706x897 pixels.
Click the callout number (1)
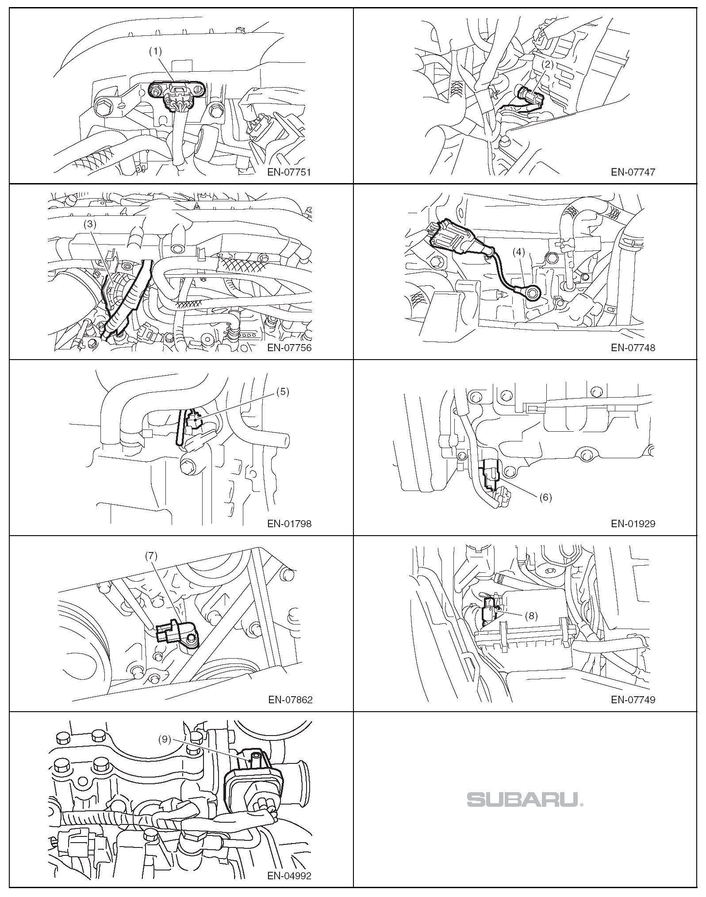point(155,51)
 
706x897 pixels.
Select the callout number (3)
point(90,224)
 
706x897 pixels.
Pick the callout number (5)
point(282,392)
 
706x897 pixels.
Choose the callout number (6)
point(545,497)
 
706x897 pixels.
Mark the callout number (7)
point(151,556)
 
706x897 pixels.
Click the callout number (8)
point(531,616)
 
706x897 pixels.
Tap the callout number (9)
point(165,739)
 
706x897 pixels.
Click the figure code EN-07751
point(289,172)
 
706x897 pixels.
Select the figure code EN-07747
point(633,172)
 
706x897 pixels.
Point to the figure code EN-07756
point(289,348)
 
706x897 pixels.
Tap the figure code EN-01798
point(289,524)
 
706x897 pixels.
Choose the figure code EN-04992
point(289,875)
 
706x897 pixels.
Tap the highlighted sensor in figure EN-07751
point(177,95)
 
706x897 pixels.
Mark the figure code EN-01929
point(633,524)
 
